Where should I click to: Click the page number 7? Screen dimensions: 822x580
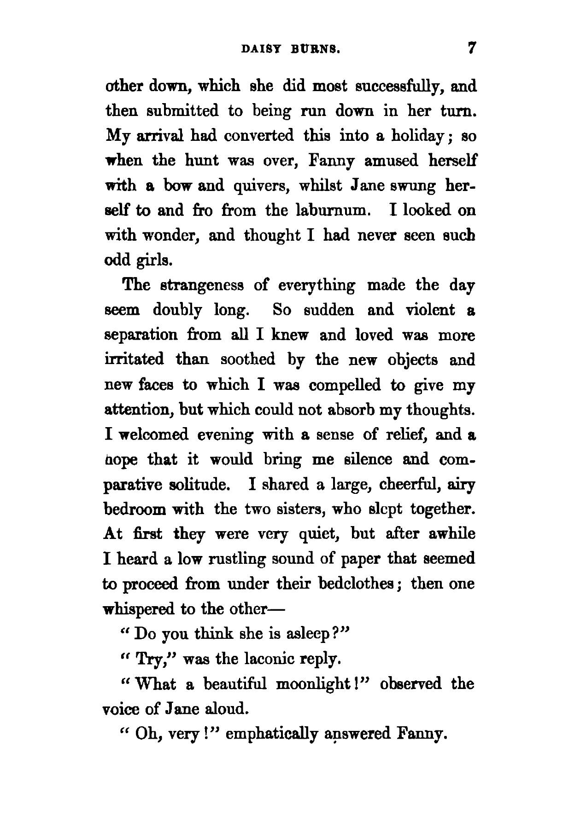point(471,48)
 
